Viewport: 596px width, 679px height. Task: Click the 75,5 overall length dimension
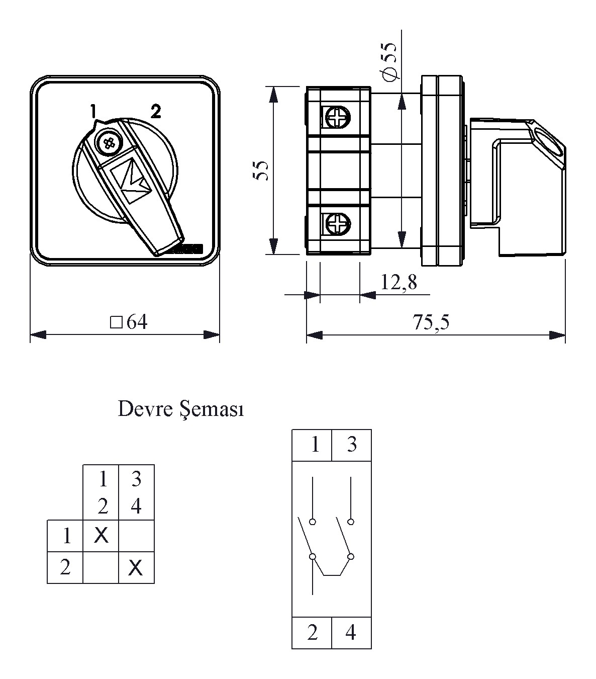pos(431,322)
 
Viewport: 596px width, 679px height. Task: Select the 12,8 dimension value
pos(399,283)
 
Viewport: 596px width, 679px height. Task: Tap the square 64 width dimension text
pos(129,322)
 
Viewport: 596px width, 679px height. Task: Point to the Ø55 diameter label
pos(389,60)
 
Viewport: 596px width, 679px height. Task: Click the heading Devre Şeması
pos(181,409)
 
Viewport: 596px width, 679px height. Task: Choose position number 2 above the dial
pos(156,111)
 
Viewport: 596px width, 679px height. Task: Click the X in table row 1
pos(101,536)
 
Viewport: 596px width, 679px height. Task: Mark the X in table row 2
pos(136,568)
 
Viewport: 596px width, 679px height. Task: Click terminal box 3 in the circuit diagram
pos(351,445)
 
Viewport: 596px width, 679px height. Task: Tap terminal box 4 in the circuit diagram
pos(351,632)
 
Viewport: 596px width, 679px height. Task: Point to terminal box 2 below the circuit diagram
pos(312,632)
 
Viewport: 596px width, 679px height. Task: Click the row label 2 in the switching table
pos(65,568)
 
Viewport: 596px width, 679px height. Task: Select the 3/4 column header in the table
pos(136,492)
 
